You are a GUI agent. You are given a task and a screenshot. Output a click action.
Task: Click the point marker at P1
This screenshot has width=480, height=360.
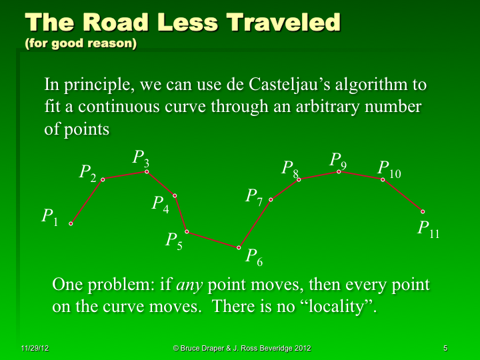(71, 224)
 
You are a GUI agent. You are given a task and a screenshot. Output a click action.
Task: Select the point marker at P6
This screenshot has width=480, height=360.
(239, 248)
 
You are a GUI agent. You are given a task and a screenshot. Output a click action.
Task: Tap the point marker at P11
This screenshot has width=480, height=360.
(423, 211)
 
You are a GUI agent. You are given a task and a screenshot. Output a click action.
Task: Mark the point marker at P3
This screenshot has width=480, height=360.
(147, 172)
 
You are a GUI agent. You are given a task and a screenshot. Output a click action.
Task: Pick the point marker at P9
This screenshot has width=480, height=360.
(339, 172)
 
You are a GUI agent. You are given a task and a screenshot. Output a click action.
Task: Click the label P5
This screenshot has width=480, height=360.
(174, 241)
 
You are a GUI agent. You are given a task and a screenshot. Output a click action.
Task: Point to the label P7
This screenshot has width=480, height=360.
(254, 197)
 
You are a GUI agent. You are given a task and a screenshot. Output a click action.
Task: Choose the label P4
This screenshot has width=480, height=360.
(161, 204)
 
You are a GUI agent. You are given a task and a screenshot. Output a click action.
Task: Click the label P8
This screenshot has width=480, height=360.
(291, 169)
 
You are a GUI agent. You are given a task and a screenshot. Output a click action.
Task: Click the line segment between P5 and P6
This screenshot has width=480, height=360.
(213, 240)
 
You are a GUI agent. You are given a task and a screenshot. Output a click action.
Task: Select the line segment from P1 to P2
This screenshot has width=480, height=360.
(87, 201)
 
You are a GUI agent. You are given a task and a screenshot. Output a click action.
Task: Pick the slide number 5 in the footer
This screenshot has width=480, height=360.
(445, 349)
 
